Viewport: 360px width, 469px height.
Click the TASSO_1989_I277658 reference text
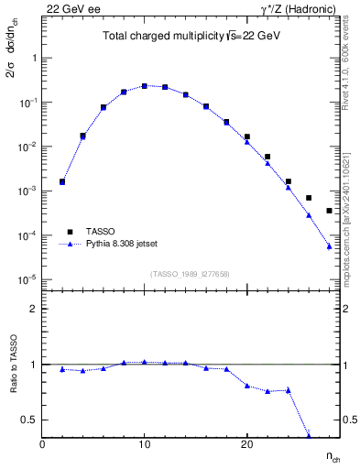tap(191, 273)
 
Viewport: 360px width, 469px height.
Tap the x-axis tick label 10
tap(145, 443)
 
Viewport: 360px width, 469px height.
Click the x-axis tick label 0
tap(43, 443)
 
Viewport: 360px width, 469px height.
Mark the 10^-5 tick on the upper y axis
tap(27, 280)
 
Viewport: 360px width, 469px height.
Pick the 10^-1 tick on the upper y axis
tap(27, 103)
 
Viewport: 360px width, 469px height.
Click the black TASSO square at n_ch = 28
tap(329, 211)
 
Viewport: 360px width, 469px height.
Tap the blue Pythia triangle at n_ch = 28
tap(329, 245)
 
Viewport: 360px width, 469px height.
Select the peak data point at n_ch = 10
tap(145, 86)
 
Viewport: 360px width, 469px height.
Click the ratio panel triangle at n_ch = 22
tap(267, 391)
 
